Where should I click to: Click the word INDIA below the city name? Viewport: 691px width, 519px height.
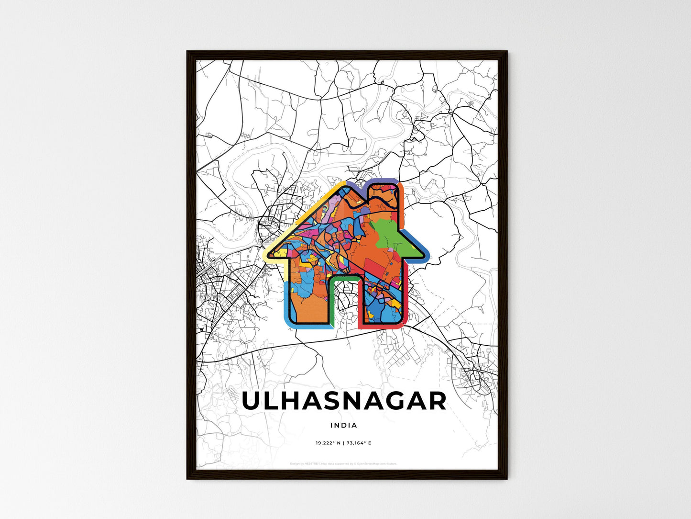tap(343, 425)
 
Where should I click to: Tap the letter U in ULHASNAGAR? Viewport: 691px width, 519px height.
tap(253, 401)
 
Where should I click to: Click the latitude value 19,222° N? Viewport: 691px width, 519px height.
tap(328, 443)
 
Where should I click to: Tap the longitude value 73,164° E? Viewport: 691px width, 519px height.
tap(360, 443)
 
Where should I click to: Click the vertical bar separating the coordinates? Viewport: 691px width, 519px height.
tap(343, 443)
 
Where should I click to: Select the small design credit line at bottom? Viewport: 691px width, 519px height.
tap(343, 463)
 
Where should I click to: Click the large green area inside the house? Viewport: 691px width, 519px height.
tap(391, 235)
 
